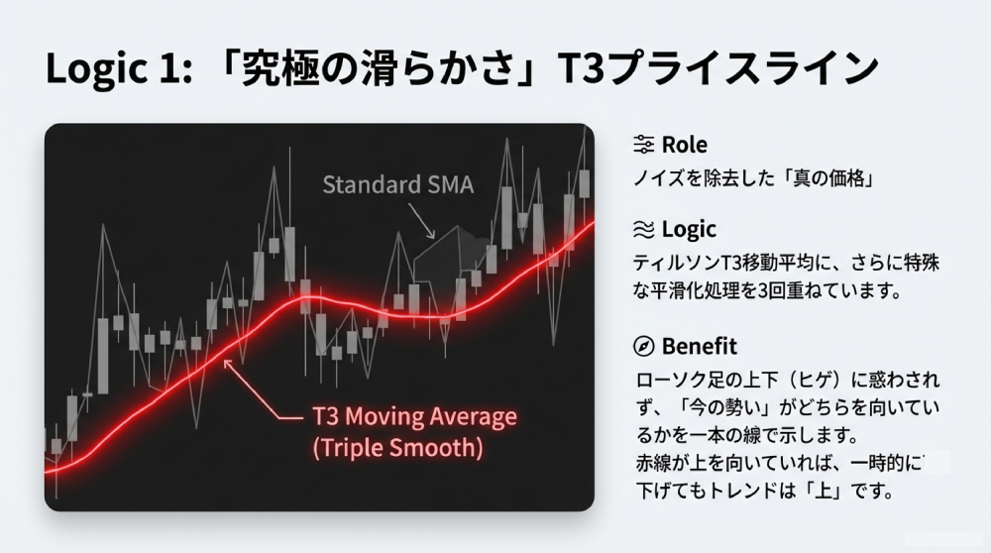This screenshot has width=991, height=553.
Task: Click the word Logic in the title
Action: [x=97, y=67]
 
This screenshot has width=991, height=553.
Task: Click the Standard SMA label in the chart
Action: [x=398, y=184]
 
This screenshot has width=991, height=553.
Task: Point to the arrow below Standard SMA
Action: [x=421, y=221]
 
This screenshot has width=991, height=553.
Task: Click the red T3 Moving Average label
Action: [x=414, y=416]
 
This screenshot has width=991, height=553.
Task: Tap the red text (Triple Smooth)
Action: [x=397, y=448]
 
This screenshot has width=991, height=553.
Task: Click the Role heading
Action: [x=685, y=145]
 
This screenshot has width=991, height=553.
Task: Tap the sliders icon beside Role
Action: [x=643, y=145]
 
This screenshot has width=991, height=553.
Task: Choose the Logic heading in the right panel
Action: [x=689, y=229]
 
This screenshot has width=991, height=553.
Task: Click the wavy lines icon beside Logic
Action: [x=643, y=229]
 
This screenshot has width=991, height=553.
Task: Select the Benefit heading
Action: [x=699, y=346]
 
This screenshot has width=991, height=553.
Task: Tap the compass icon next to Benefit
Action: [x=643, y=346]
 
